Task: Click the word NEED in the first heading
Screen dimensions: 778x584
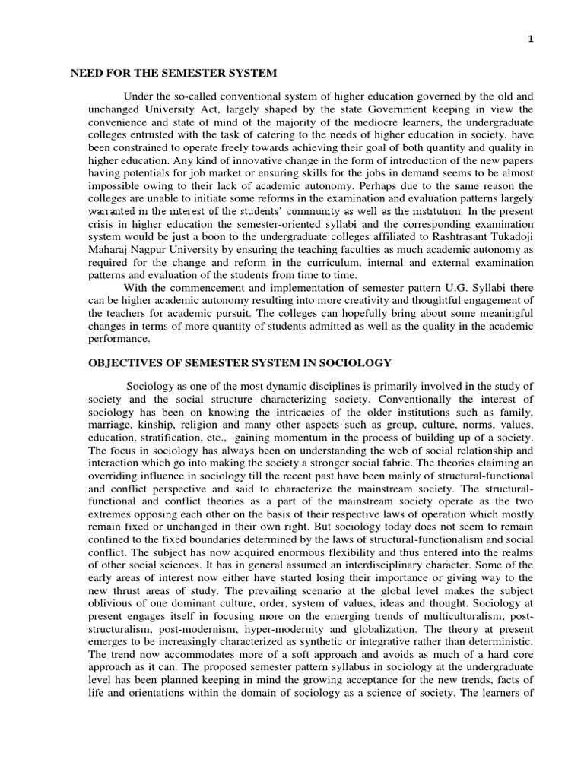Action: (x=86, y=73)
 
